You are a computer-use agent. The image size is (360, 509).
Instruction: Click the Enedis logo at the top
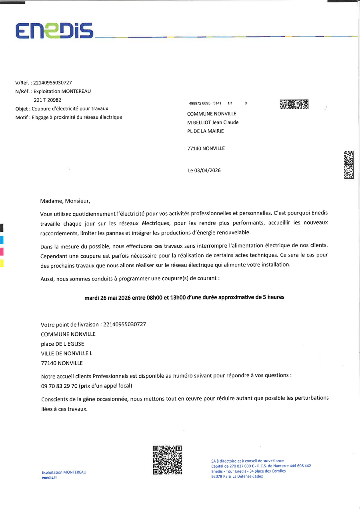pyautogui.click(x=54, y=30)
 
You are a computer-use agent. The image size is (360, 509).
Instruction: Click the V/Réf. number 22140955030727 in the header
pyautogui.click(x=52, y=83)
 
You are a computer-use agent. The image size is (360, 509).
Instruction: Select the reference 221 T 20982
pyautogui.click(x=48, y=100)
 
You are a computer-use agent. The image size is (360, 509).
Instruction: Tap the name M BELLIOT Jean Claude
pyautogui.click(x=213, y=122)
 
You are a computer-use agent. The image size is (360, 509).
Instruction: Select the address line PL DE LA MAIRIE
pyautogui.click(x=206, y=131)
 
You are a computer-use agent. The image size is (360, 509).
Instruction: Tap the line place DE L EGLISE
pyautogui.click(x=62, y=344)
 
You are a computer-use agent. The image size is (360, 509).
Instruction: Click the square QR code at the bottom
pyautogui.click(x=167, y=460)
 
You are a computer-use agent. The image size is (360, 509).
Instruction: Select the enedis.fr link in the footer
pyautogui.click(x=50, y=477)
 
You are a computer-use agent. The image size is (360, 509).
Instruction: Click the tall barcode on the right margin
pyautogui.click(x=349, y=165)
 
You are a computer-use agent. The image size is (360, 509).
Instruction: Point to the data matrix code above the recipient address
pyautogui.click(x=294, y=104)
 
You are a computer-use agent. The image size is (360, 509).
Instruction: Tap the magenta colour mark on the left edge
pyautogui.click(x=2, y=251)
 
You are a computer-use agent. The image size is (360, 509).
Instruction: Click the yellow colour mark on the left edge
pyautogui.click(x=2, y=263)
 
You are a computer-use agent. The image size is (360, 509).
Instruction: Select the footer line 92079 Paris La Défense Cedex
pyautogui.click(x=237, y=477)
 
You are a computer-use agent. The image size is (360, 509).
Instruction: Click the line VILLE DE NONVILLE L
pyautogui.click(x=67, y=353)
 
